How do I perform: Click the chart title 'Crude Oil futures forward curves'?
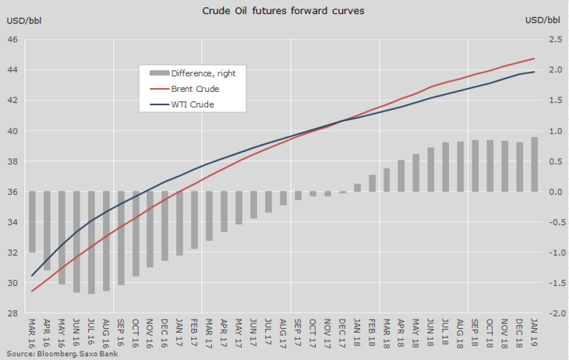(284, 11)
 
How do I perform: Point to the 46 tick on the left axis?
(13, 40)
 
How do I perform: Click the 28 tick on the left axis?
(13, 313)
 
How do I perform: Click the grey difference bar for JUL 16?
(92, 242)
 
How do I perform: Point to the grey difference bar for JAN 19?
(534, 164)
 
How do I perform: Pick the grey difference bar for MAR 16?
(33, 222)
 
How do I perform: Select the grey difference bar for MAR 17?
(209, 216)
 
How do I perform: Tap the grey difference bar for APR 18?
(401, 176)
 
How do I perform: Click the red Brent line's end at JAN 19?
(534, 58)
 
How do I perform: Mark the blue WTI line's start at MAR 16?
(33, 275)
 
